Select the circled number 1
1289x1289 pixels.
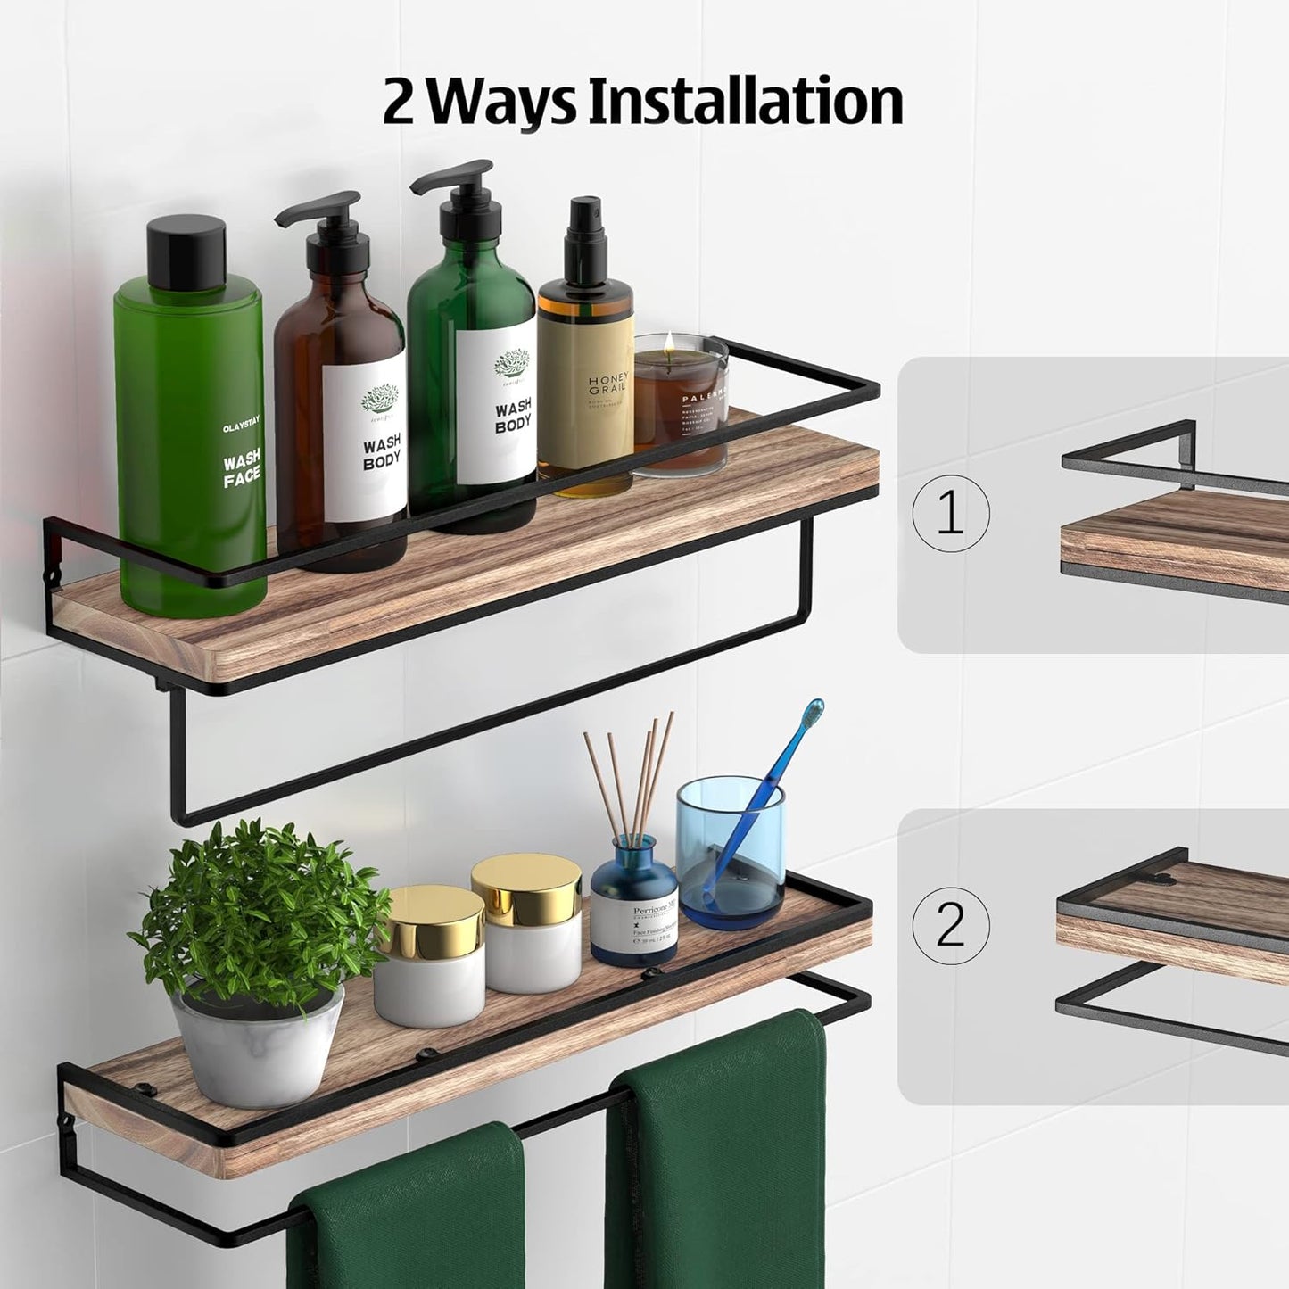pos(951,515)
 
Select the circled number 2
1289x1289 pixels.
pos(951,925)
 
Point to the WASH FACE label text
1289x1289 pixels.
pos(242,467)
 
